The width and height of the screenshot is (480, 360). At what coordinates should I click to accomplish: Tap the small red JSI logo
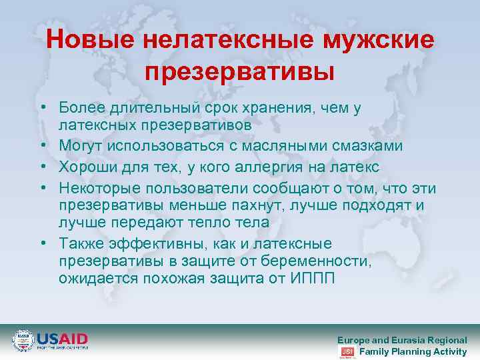click(347, 351)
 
